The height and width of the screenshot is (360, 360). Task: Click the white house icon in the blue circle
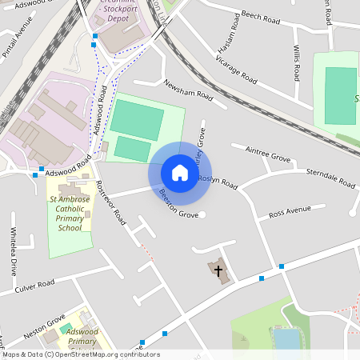179,173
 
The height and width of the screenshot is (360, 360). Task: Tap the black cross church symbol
218,270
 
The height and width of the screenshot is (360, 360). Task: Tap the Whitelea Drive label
13,250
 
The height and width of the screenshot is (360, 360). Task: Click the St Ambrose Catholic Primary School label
70,214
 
